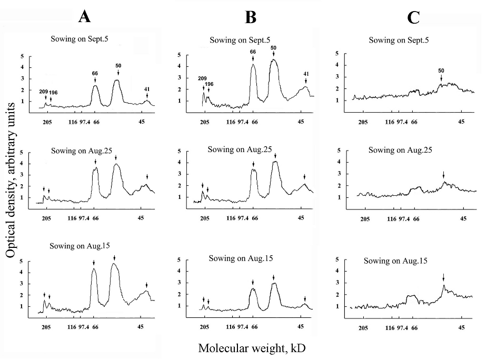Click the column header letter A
coord(85,18)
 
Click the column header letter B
coord(251,18)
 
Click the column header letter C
coord(413,18)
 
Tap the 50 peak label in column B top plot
coord(273,48)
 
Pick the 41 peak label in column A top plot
coord(147,89)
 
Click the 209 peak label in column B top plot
coord(203,79)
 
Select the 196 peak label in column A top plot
coord(53,93)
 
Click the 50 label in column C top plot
coord(442,70)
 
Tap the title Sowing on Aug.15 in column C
coord(395,261)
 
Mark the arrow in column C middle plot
coord(443,175)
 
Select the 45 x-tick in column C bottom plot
coord(462,327)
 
